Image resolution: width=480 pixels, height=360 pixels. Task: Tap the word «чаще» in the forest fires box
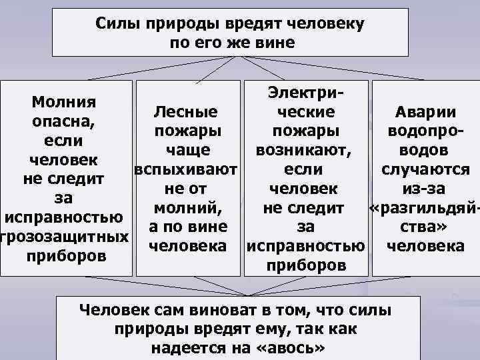187,149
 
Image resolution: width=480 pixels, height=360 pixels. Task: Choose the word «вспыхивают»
186,169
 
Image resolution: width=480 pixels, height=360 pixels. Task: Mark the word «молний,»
187,207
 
